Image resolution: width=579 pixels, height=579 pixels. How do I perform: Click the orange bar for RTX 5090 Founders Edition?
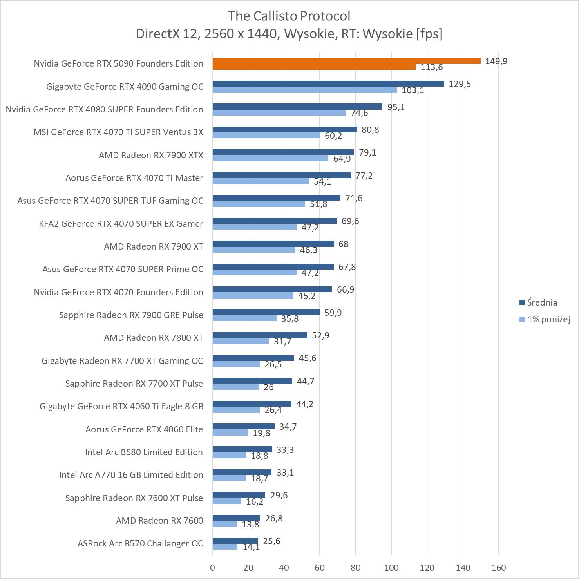(346, 61)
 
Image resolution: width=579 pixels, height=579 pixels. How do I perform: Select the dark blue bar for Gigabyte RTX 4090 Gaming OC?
(328, 83)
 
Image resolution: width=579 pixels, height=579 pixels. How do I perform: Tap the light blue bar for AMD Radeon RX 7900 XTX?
(270, 158)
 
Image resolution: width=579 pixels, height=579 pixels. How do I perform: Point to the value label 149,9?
(496, 61)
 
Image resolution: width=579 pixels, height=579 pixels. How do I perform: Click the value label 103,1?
(413, 90)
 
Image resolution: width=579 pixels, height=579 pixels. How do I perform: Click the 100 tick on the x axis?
(391, 568)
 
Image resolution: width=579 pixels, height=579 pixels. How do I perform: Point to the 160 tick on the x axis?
(499, 568)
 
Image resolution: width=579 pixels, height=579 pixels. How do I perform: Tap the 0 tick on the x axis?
(212, 568)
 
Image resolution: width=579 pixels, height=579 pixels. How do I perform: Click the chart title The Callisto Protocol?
(289, 16)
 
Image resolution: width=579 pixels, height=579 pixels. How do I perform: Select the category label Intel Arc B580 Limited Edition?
(144, 452)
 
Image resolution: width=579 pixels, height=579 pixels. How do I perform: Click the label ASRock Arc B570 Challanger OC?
(140, 543)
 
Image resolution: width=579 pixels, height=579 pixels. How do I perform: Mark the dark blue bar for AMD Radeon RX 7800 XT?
(260, 335)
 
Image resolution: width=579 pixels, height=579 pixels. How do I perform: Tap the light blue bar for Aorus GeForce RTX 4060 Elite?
(230, 432)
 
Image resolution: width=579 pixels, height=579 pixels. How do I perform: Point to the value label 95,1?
(396, 107)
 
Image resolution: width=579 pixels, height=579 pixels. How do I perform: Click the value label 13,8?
(250, 524)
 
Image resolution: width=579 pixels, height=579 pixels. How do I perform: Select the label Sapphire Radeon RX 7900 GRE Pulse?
(131, 315)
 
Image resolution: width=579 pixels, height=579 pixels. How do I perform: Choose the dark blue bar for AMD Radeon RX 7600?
(236, 518)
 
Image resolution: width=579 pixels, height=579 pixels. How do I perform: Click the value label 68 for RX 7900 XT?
(343, 244)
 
